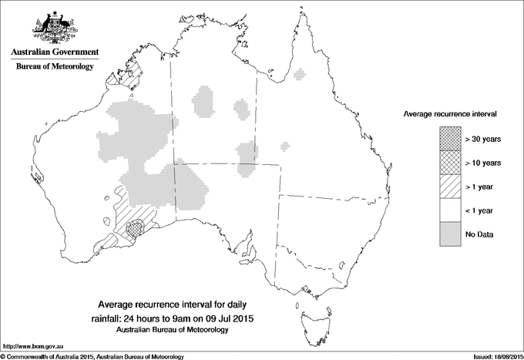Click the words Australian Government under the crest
54,52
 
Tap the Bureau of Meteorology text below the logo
54,67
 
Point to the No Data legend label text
479,234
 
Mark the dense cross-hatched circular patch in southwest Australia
136,227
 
